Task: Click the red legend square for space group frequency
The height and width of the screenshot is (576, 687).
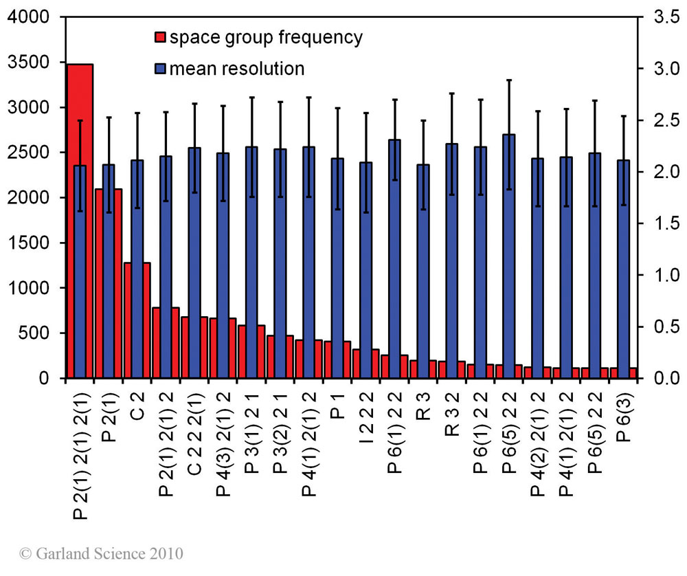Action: tap(160, 37)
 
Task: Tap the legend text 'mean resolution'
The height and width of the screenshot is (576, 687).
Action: tap(236, 69)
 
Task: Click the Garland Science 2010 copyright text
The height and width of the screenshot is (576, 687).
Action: tap(102, 553)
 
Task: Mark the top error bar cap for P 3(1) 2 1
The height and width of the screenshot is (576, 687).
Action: tap(251, 98)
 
